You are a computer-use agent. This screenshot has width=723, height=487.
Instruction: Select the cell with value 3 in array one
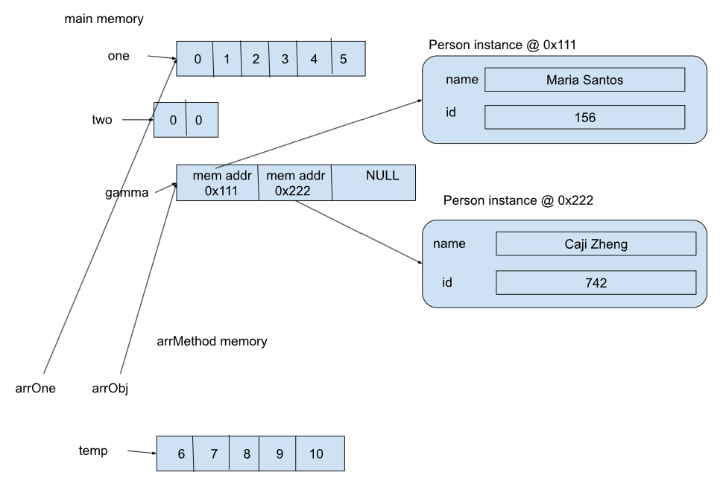tap(284, 59)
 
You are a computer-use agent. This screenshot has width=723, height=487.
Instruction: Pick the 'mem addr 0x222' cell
tap(294, 182)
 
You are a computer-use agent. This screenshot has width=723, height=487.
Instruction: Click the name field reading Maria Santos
tap(584, 79)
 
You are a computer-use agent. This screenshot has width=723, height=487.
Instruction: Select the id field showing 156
tap(584, 117)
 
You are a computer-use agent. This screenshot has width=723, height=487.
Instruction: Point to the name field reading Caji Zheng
tap(595, 244)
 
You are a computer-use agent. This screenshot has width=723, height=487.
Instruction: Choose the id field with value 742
tap(595, 282)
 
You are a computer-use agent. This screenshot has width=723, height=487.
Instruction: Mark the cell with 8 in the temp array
tap(245, 453)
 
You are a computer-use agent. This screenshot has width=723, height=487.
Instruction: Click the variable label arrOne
tap(36, 387)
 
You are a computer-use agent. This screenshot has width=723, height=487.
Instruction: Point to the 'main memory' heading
tap(104, 19)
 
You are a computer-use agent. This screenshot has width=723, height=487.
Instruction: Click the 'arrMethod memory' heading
tap(212, 342)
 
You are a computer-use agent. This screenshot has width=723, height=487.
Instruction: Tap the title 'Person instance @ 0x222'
tap(518, 201)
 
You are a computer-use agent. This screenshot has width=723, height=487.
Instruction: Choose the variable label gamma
tap(126, 192)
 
